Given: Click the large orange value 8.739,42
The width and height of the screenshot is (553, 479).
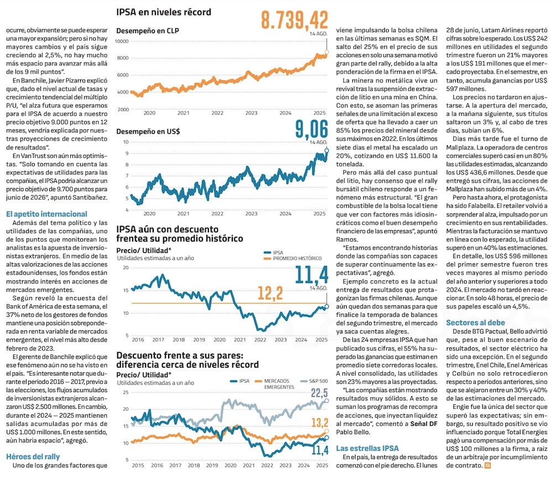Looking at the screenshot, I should [x=295, y=20].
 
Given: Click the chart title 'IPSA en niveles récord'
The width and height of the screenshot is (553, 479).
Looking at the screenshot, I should [x=164, y=12].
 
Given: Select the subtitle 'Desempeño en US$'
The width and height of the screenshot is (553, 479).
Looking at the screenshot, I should [x=148, y=132].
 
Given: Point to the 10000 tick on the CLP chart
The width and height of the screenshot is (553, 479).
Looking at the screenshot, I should [x=122, y=41].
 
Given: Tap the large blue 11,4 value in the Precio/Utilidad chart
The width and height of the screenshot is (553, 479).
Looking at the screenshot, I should [x=311, y=274].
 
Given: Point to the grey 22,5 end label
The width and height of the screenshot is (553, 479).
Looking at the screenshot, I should [x=319, y=393].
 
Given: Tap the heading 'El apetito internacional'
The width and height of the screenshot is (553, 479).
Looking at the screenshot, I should [x=46, y=214].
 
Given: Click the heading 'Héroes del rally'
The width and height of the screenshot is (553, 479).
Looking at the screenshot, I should [x=33, y=456].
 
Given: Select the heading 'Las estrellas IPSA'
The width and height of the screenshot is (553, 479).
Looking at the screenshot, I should [x=368, y=448].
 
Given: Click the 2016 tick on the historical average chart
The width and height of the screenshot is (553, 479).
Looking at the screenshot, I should [x=137, y=340].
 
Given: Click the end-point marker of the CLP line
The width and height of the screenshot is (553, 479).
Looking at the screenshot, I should [x=326, y=52].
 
